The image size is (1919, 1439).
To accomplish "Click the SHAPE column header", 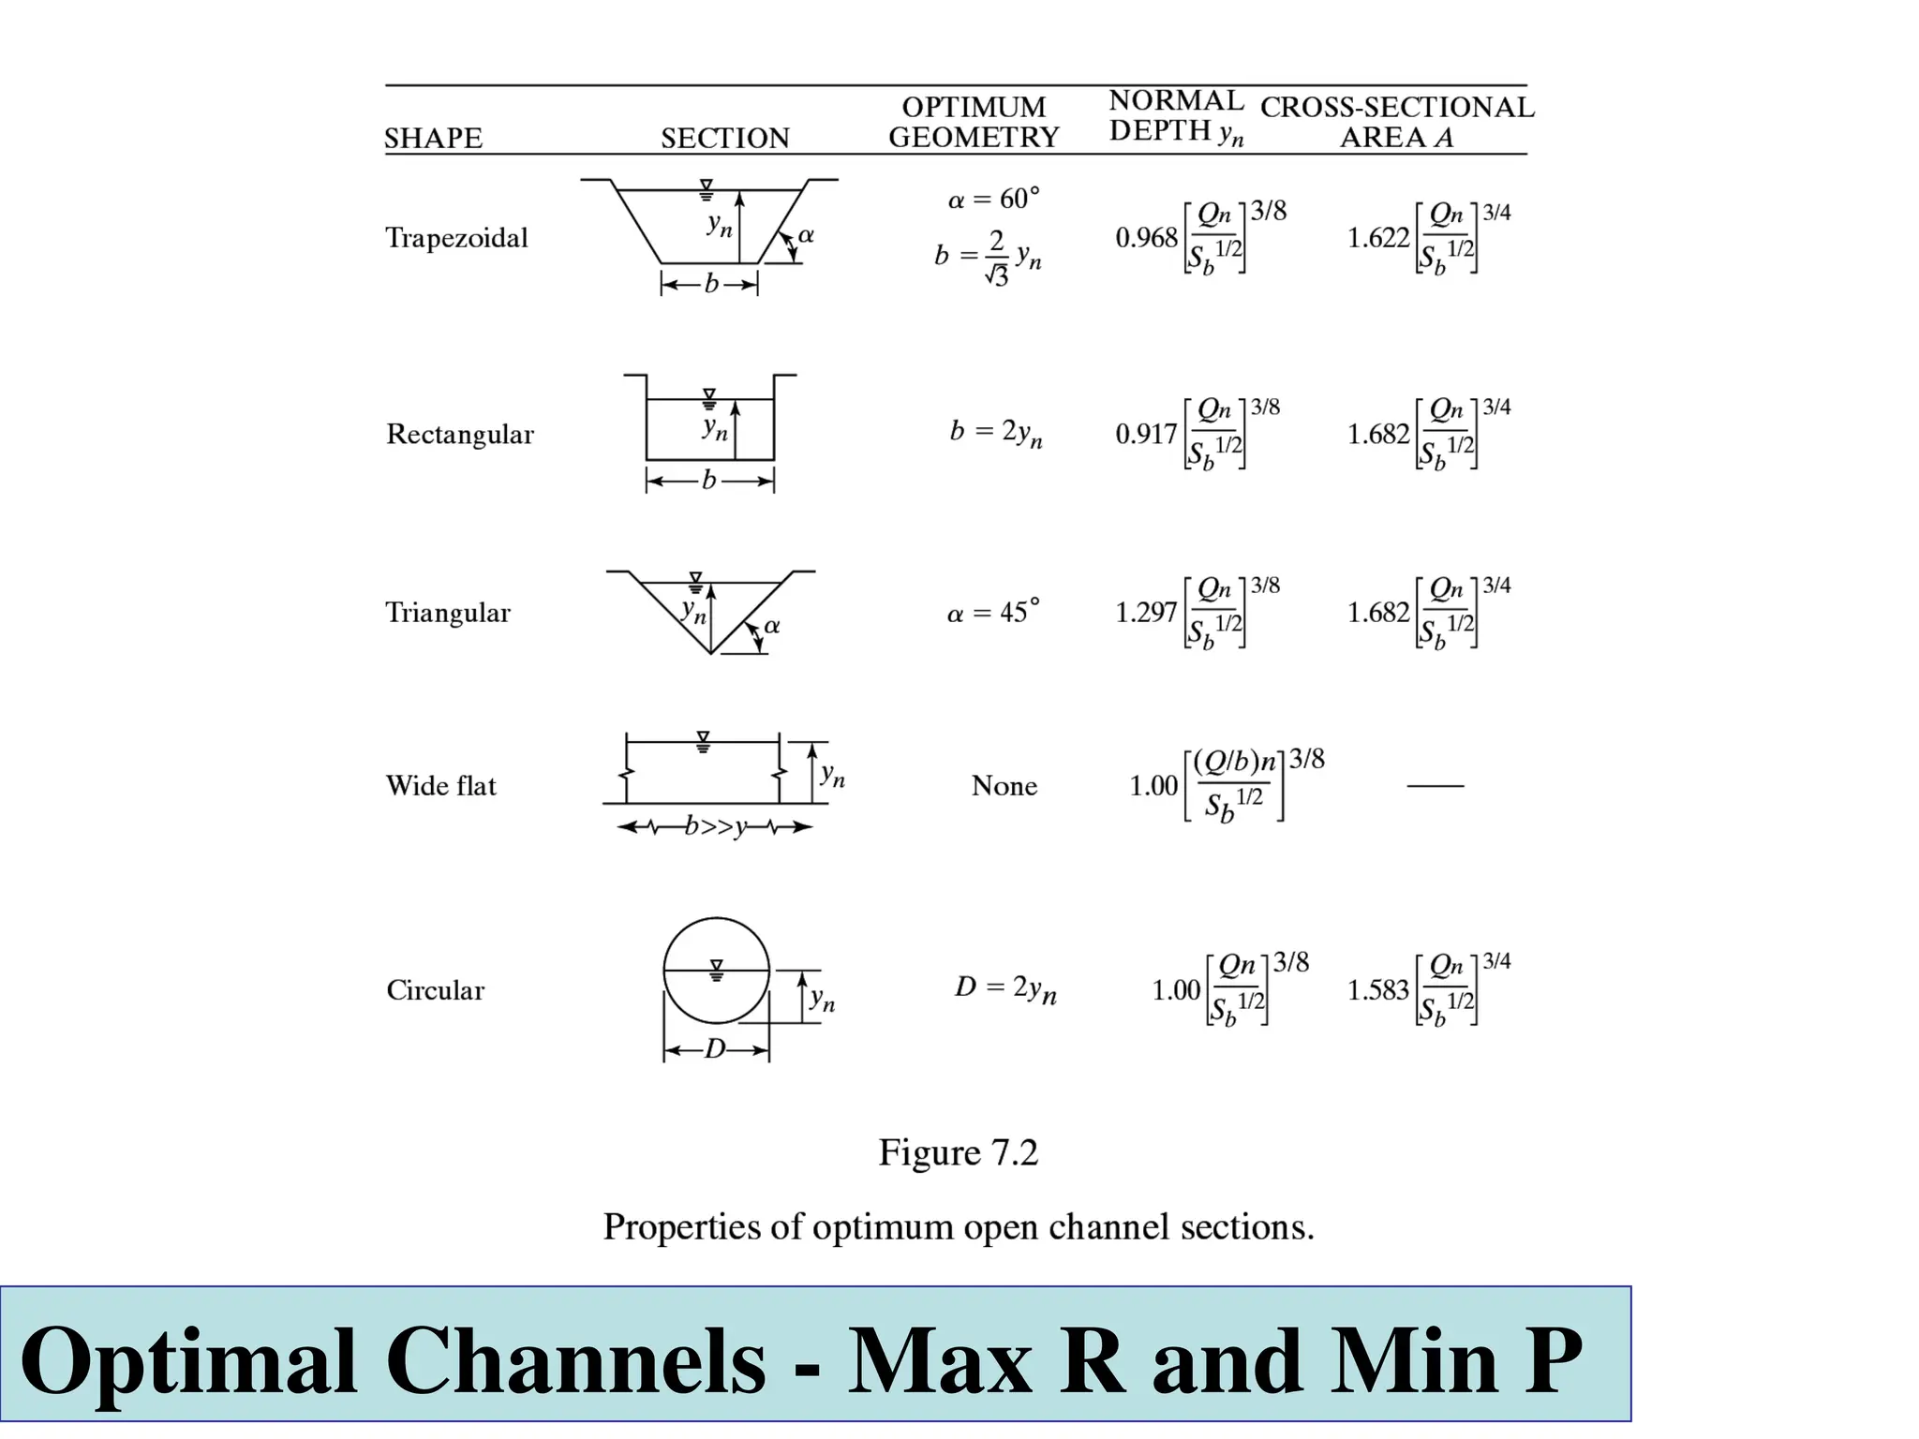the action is [x=433, y=138].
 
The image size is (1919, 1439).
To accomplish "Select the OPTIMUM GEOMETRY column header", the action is [x=974, y=122].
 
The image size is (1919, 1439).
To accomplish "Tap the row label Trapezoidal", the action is [x=456, y=238].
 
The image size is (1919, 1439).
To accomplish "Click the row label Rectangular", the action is [x=459, y=434].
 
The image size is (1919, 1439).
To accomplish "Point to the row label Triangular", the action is [x=448, y=613].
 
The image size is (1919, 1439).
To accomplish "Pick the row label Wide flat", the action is [x=440, y=785].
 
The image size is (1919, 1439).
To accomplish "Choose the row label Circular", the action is [x=435, y=990].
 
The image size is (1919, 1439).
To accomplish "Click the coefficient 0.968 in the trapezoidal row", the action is [x=1145, y=238].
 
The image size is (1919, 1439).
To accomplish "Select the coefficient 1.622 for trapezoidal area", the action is [x=1377, y=238].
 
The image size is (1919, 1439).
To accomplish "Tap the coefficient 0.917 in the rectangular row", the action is [x=1145, y=434].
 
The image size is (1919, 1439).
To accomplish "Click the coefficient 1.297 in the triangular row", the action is [x=1145, y=613].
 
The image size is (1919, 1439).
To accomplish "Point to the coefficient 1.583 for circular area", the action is [x=1377, y=990].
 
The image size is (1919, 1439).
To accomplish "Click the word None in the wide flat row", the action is [x=1004, y=785].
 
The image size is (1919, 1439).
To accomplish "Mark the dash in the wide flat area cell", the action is [x=1435, y=785].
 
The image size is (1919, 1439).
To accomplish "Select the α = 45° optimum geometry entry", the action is [x=993, y=613].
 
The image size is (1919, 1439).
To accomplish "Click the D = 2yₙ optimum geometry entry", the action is [x=1004, y=988].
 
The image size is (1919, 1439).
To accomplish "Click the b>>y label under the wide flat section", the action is [x=716, y=827].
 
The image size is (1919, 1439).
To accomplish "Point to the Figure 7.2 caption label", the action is [x=958, y=1152].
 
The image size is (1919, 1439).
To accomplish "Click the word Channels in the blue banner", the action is [x=575, y=1361].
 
